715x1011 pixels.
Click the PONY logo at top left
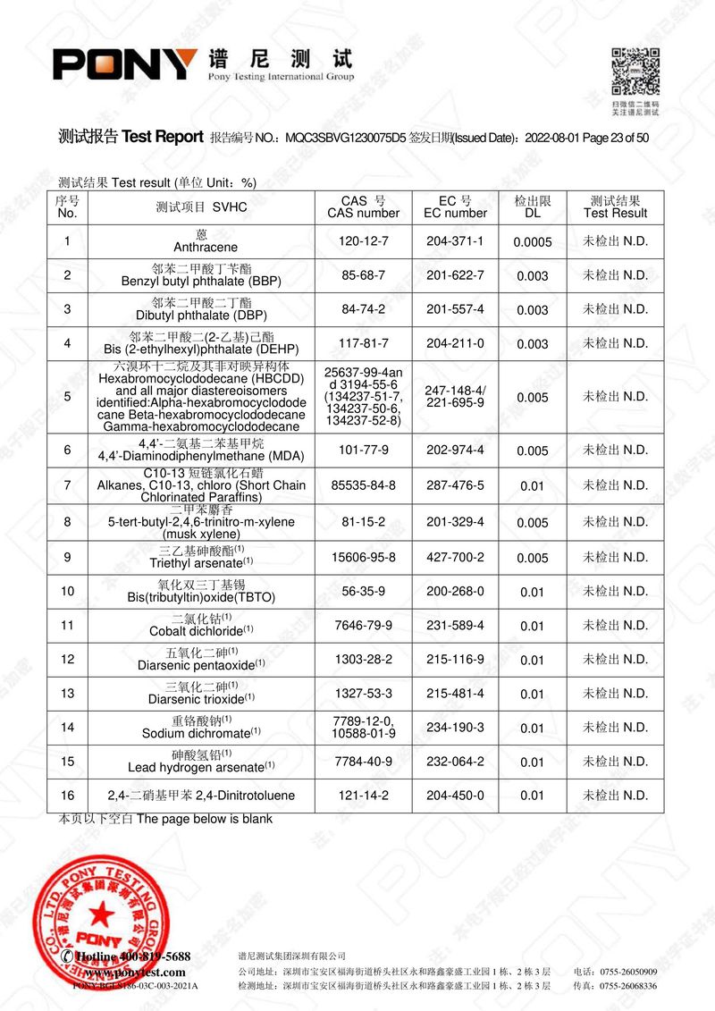coord(125,63)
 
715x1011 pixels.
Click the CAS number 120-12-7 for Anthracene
coord(364,241)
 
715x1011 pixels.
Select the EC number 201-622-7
coord(455,275)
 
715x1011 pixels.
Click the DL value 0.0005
coord(533,242)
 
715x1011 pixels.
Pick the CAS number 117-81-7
coord(364,343)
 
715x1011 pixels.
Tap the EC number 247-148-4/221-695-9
coord(455,396)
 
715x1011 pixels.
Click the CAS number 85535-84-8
coord(364,485)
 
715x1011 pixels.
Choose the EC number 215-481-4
coord(455,694)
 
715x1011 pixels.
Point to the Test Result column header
coord(615,207)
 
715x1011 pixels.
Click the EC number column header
coord(455,207)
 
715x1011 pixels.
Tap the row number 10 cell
coord(67,592)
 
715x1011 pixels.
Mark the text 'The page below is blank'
coord(205,819)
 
